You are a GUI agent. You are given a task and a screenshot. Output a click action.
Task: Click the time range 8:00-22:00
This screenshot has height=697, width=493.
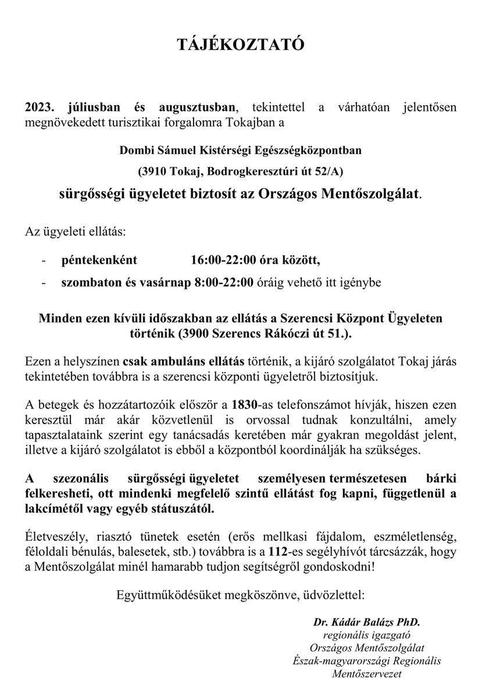click(224, 283)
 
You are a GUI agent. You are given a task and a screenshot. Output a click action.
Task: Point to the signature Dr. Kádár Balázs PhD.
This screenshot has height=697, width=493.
click(367, 622)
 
